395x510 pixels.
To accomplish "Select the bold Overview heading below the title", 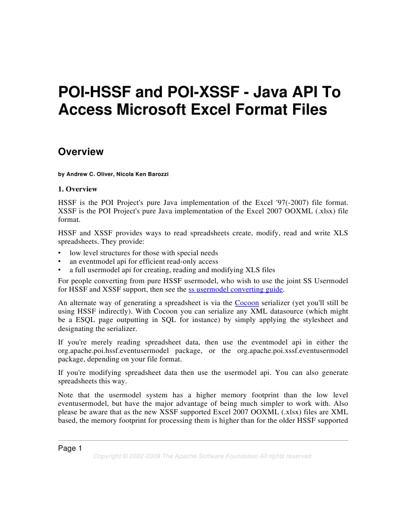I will pos(81,152).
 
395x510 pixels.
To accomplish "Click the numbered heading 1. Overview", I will pos(78,189).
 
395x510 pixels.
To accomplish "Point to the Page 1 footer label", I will pos(70,448).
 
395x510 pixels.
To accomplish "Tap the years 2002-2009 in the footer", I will pos(145,456).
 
